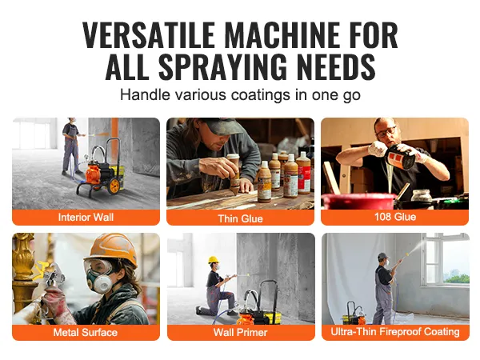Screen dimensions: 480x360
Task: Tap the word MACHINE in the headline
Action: click(282, 34)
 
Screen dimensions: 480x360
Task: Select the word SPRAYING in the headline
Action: click(223, 66)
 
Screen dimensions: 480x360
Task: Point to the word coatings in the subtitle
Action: click(261, 95)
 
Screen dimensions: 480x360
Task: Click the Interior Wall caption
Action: click(86, 217)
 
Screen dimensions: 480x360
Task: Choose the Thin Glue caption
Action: click(240, 218)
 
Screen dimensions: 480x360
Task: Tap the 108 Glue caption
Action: click(395, 217)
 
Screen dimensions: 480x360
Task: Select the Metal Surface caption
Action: click(86, 332)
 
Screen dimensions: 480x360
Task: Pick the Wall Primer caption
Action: click(240, 332)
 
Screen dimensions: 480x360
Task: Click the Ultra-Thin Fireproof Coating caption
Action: click(395, 331)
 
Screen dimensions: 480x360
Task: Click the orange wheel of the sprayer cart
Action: click(114, 186)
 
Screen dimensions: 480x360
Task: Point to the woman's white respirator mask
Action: click(101, 282)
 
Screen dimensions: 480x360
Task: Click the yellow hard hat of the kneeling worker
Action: click(213, 259)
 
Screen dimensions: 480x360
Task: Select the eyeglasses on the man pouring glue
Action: click(386, 132)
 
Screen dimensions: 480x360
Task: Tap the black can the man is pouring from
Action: click(400, 157)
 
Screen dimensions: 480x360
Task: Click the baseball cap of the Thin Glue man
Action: click(222, 126)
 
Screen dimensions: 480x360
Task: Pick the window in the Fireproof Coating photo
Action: click(445, 260)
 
